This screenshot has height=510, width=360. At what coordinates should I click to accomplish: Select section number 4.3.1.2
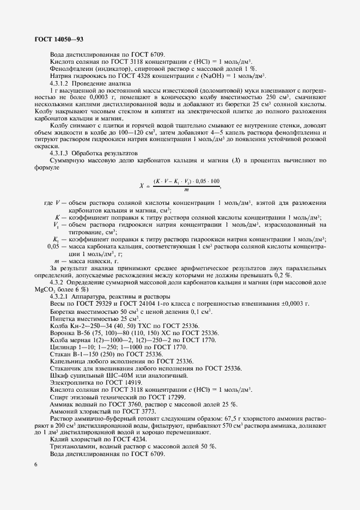click(x=60, y=84)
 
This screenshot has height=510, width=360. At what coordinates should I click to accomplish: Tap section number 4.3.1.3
click(x=60, y=153)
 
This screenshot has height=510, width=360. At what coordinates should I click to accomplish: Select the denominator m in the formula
click(x=186, y=190)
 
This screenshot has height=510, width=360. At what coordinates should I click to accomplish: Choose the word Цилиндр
click(x=62, y=347)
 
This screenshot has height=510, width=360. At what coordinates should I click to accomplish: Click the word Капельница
click(x=67, y=361)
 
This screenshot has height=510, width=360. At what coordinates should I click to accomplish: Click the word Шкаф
click(x=58, y=375)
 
